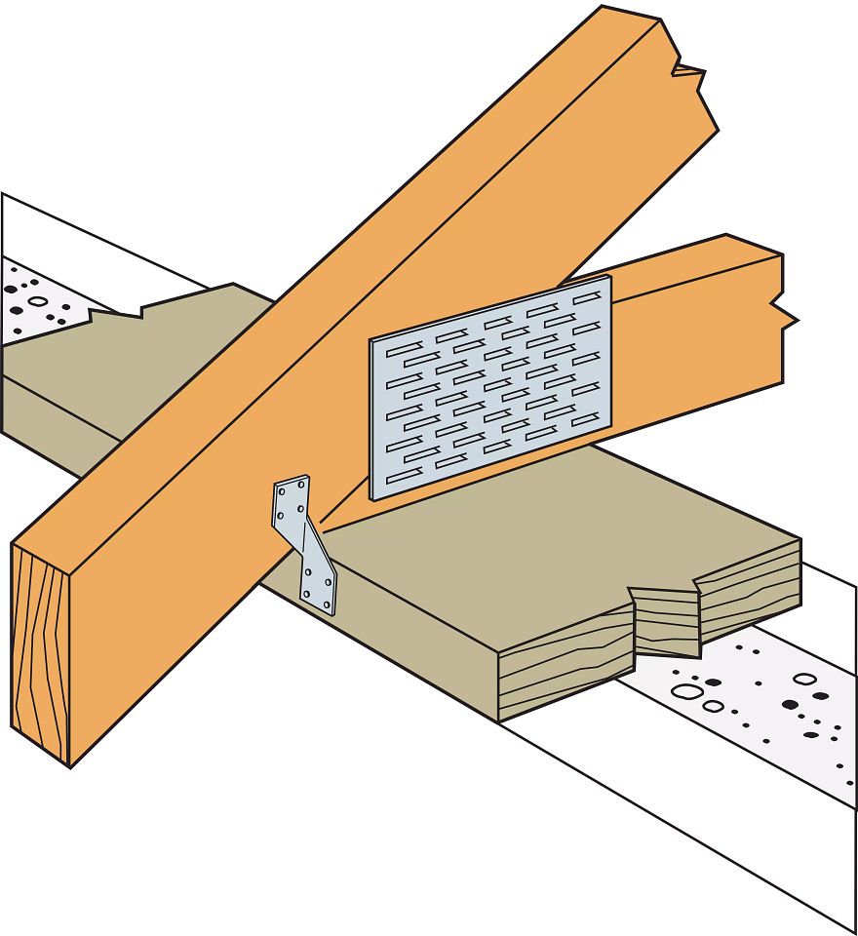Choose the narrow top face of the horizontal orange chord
pos(682,254)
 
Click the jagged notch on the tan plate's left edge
pos(117,313)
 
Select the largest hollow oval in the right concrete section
pos(688,691)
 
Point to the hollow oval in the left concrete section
pos(38,301)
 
